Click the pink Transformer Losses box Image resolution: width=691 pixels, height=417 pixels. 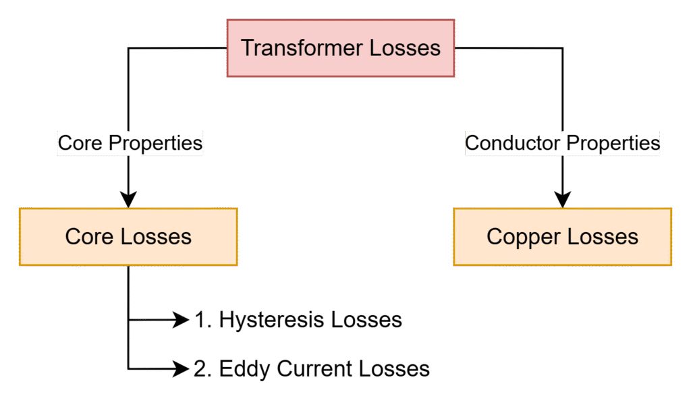click(340, 48)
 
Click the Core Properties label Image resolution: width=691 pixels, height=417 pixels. click(130, 143)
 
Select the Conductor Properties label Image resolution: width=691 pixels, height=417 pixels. click(562, 143)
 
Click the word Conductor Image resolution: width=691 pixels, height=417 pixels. click(512, 143)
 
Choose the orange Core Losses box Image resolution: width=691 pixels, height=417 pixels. click(128, 237)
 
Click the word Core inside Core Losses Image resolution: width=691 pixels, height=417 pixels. click(90, 237)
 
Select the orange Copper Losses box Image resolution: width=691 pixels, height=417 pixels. click(562, 237)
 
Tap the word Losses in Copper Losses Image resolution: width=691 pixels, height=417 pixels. click(602, 237)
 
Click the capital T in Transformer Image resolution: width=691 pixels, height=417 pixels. click(247, 49)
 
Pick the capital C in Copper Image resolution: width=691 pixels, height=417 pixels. click(494, 237)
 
